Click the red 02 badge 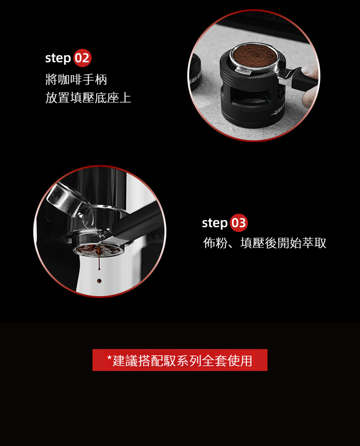[x=82, y=58]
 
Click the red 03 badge [x=238, y=223]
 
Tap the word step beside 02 [x=58, y=58]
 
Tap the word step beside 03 [x=215, y=223]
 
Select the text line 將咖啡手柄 [x=76, y=79]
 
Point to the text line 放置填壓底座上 [x=88, y=97]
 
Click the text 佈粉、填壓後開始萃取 [x=265, y=243]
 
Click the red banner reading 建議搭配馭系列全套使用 [x=180, y=360]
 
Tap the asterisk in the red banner [x=109, y=358]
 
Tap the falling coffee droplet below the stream [x=99, y=281]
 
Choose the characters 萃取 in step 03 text [x=314, y=243]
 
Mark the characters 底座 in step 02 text [x=107, y=97]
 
